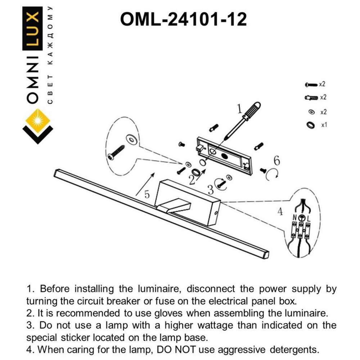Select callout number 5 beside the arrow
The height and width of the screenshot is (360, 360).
[x=147, y=194]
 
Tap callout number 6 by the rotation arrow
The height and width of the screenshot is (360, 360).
[x=276, y=160]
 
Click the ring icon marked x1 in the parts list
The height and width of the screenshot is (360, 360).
[x=310, y=125]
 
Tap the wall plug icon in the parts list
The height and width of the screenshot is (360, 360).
[x=311, y=98]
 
